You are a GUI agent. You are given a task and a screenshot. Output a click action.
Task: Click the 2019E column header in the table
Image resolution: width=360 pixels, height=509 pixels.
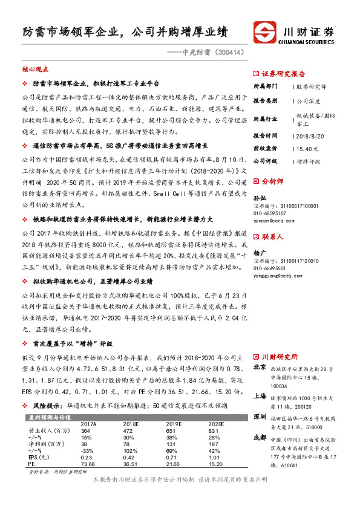point(174,424)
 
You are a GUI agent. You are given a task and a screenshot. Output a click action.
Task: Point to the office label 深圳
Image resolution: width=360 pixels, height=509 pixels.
point(260,417)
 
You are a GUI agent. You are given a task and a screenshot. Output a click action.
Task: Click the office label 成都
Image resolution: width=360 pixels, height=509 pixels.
point(260,437)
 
